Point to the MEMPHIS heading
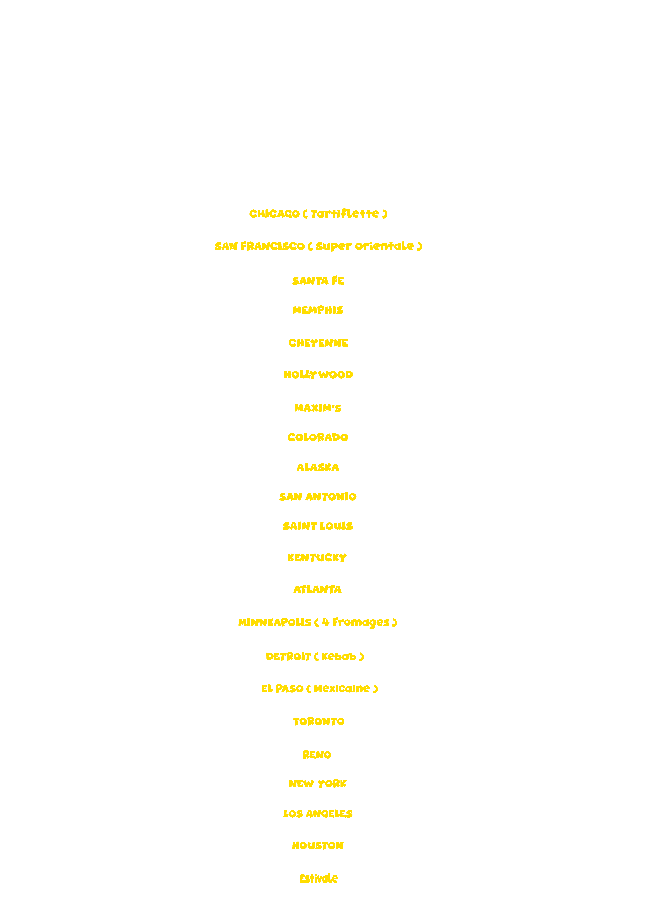318,310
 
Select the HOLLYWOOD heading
318,375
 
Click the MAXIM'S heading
318,408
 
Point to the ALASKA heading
318,467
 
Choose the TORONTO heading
319,721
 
